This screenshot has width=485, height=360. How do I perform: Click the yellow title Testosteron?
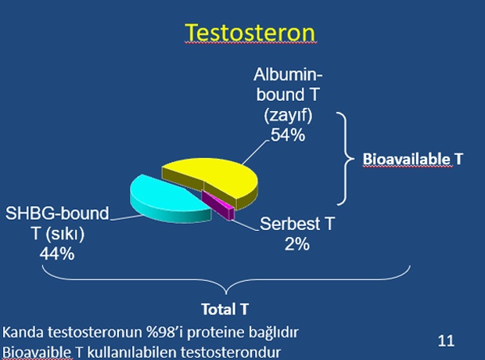click(x=250, y=33)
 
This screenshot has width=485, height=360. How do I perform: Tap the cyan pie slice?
click(x=167, y=198)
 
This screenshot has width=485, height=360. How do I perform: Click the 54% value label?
click(x=288, y=135)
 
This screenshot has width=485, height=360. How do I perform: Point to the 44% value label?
click(x=57, y=254)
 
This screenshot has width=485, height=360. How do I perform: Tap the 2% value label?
click(x=297, y=244)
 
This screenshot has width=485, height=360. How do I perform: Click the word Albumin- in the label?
click(x=288, y=74)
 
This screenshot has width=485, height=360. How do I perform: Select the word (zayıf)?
click(x=288, y=116)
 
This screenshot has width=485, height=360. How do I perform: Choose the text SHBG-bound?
click(x=57, y=214)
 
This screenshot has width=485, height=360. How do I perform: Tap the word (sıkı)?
click(x=65, y=234)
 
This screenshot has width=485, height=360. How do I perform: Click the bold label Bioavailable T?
click(x=412, y=159)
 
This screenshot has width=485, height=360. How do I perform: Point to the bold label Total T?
click(x=225, y=309)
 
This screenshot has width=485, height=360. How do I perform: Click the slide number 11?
click(x=446, y=340)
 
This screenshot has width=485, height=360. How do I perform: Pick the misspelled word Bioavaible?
click(x=37, y=352)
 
